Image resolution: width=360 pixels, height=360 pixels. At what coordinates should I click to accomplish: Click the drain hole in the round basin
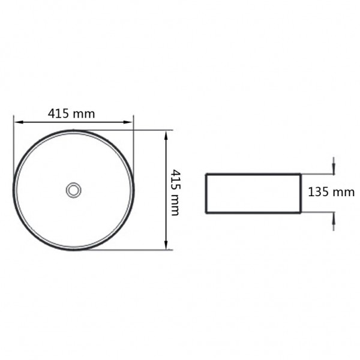tap(73, 190)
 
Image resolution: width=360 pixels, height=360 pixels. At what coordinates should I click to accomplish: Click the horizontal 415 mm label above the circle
tap(71, 113)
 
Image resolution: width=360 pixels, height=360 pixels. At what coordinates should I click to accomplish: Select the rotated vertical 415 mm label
tap(175, 192)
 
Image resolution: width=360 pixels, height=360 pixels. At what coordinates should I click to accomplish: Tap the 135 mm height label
tap(331, 192)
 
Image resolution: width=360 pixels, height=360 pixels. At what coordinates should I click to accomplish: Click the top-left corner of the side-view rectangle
tap(206, 175)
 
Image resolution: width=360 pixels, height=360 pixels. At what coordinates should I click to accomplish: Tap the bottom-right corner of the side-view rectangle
tap(300, 212)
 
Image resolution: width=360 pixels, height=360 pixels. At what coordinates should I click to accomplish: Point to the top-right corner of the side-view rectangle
tap(300, 175)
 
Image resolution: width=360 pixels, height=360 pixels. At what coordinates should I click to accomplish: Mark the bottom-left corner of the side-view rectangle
tap(206, 212)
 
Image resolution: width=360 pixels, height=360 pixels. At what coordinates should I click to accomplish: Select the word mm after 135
tap(344, 192)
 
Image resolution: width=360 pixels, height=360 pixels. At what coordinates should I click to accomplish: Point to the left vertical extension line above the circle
tap(14, 138)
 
